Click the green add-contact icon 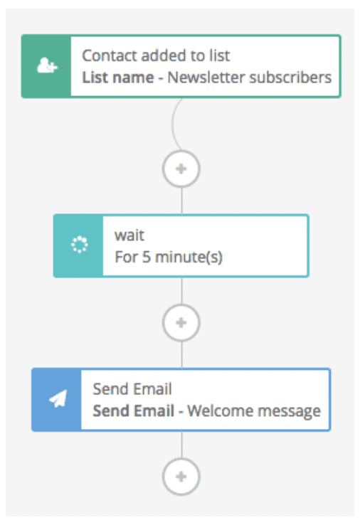point(47,65)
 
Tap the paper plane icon point(58,399)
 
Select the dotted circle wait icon point(80,245)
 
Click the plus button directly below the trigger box point(181,169)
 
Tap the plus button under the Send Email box point(181,477)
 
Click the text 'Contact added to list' point(156,55)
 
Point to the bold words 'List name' point(118,78)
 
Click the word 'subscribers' point(290,78)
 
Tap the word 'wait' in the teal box point(129,235)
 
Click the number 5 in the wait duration point(147,257)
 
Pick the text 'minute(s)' point(189,257)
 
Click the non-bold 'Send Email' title point(132,389)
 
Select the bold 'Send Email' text point(133,411)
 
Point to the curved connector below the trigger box point(173,124)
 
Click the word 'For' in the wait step point(127,257)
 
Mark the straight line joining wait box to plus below point(181,291)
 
